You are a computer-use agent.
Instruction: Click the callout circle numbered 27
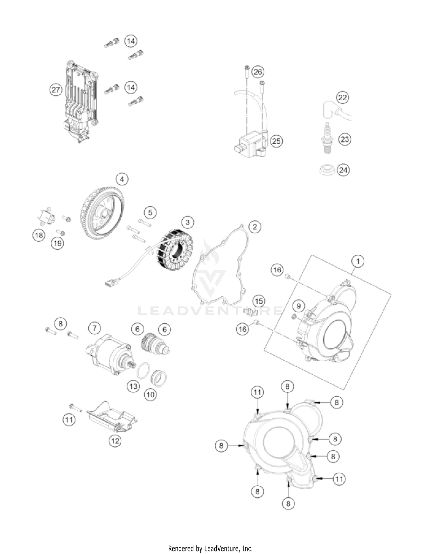coord(56,90)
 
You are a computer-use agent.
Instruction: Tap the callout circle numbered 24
coord(343,170)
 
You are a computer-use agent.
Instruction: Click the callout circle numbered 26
coord(258,72)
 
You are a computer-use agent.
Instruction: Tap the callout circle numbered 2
coord(255,227)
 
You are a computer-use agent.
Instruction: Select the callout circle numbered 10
coord(150,395)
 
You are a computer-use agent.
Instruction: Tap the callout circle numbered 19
coord(58,243)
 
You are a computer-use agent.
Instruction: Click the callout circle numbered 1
coord(358,261)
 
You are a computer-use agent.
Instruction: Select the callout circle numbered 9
coord(299,306)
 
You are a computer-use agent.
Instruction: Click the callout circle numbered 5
coord(150,213)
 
